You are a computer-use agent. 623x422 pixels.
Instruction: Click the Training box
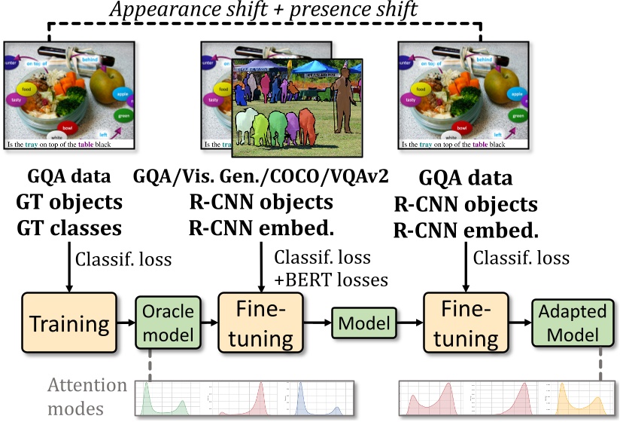point(68,324)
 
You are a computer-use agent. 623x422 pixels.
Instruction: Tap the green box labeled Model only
point(362,324)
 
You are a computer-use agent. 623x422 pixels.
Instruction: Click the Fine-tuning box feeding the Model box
point(257,324)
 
